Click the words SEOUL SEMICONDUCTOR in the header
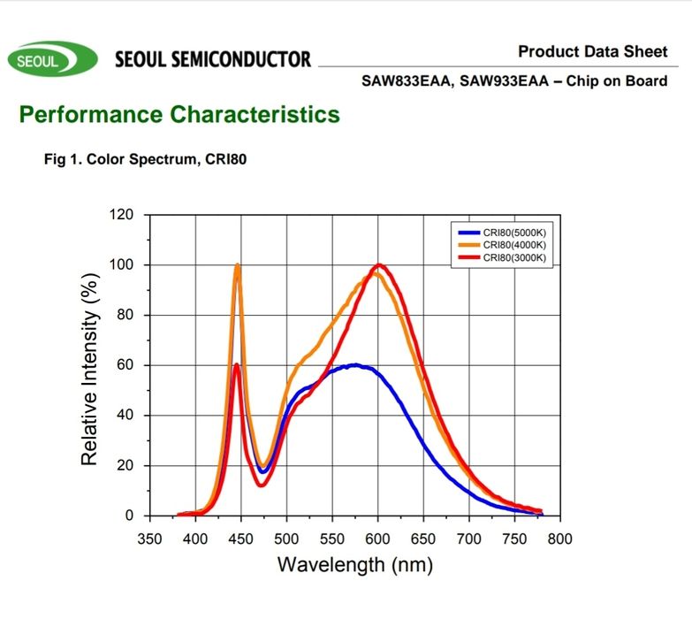tap(213, 59)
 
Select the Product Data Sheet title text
tap(593, 51)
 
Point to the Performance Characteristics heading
tap(179, 114)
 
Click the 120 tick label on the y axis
tap(122, 215)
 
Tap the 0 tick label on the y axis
tap(130, 516)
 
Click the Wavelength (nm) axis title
tap(355, 564)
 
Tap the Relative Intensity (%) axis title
tap(89, 365)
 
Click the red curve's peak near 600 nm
tap(379, 265)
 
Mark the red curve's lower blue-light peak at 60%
tap(237, 365)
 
